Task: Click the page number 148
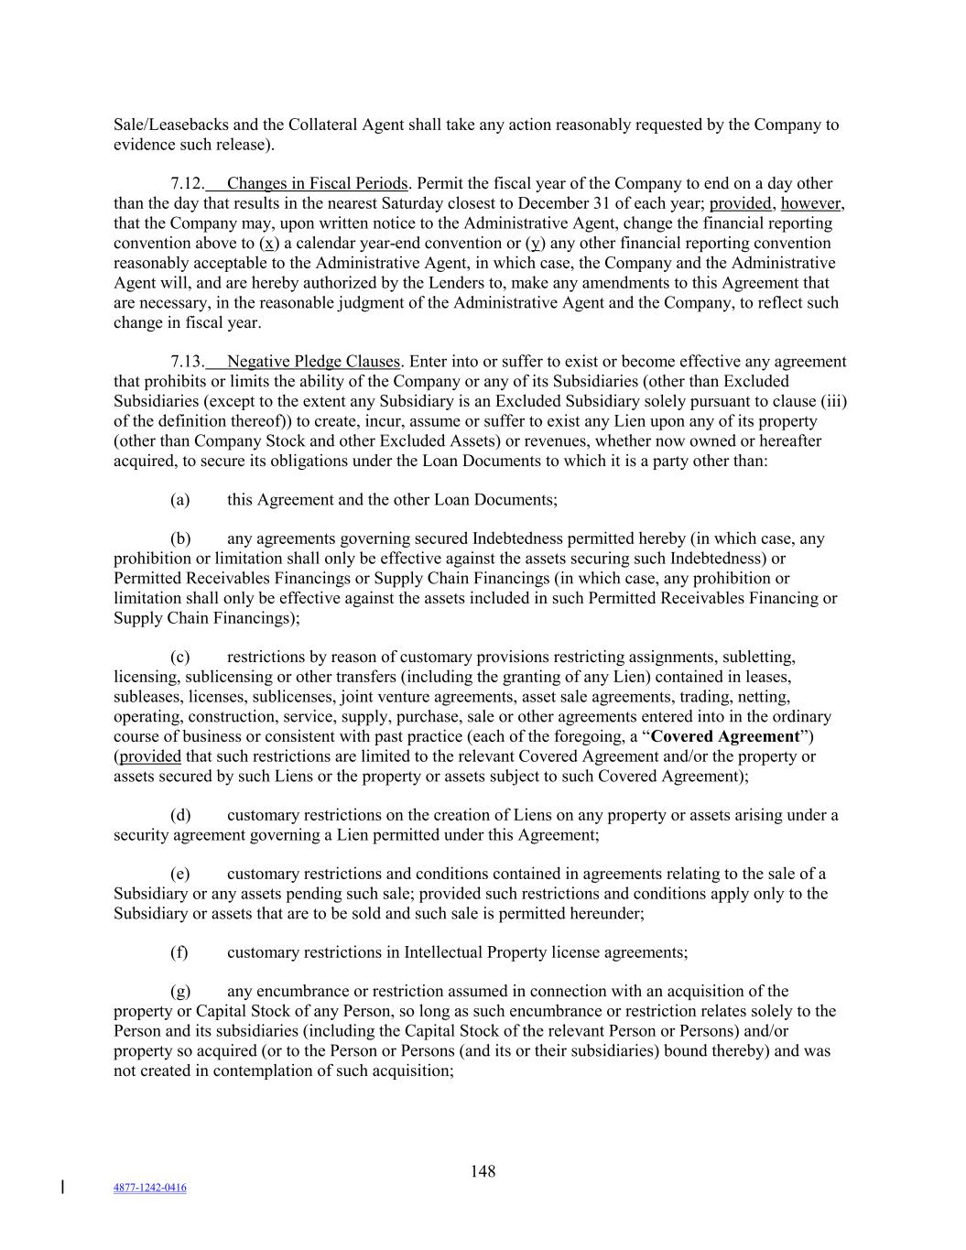pos(483,1171)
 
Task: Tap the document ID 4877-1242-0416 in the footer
pos(149,1188)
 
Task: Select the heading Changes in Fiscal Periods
pos(317,183)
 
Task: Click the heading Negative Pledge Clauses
pos(313,361)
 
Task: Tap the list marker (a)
pos(179,499)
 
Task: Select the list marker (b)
pos(180,538)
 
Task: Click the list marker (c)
pos(179,657)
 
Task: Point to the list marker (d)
pos(180,815)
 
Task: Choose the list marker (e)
pos(179,874)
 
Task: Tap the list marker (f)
pos(179,952)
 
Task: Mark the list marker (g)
pos(180,991)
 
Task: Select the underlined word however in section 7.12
pos(811,203)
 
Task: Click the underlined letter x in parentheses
pos(268,243)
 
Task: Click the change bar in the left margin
pos(62,1188)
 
